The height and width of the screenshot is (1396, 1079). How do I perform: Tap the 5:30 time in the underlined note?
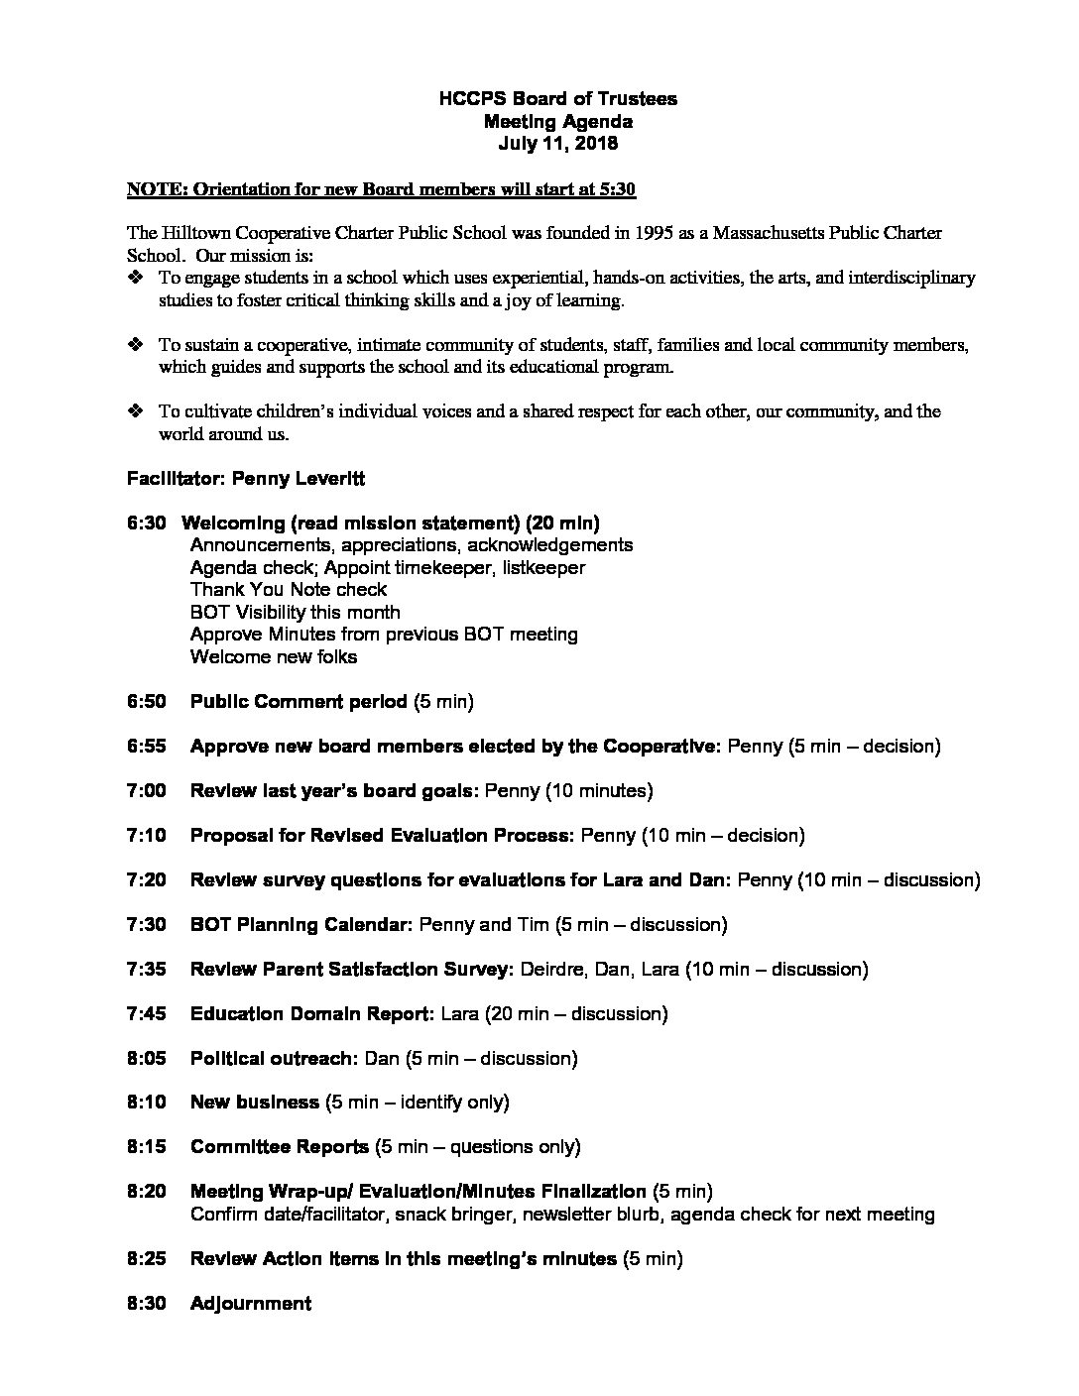pyautogui.click(x=630, y=188)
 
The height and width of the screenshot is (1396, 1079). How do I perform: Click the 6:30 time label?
pyautogui.click(x=146, y=523)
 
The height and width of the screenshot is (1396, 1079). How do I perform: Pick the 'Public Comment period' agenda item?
pyautogui.click(x=299, y=702)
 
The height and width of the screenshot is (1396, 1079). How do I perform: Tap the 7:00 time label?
pyautogui.click(x=146, y=791)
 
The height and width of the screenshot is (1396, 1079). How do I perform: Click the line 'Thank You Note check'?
pyautogui.click(x=288, y=590)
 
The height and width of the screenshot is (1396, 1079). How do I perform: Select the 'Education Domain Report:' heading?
pyautogui.click(x=311, y=1014)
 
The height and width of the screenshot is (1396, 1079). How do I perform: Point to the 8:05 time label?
pyautogui.click(x=146, y=1059)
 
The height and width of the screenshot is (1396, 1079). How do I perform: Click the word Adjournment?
pyautogui.click(x=250, y=1304)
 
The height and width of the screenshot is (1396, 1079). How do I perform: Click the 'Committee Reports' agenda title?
pyautogui.click(x=279, y=1147)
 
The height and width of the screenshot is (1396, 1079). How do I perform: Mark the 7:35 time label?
pyautogui.click(x=146, y=970)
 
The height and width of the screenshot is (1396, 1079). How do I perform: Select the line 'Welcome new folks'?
pyautogui.click(x=273, y=657)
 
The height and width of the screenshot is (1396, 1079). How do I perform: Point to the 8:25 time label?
pyautogui.click(x=146, y=1259)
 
